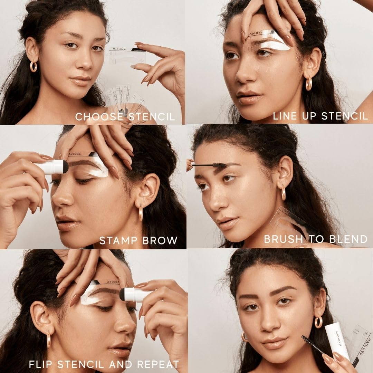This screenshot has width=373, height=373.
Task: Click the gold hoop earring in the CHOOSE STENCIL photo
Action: (34, 66)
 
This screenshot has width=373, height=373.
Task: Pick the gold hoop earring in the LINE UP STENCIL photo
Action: (308, 83)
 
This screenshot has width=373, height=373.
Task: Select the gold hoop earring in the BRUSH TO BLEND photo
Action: (284, 193)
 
